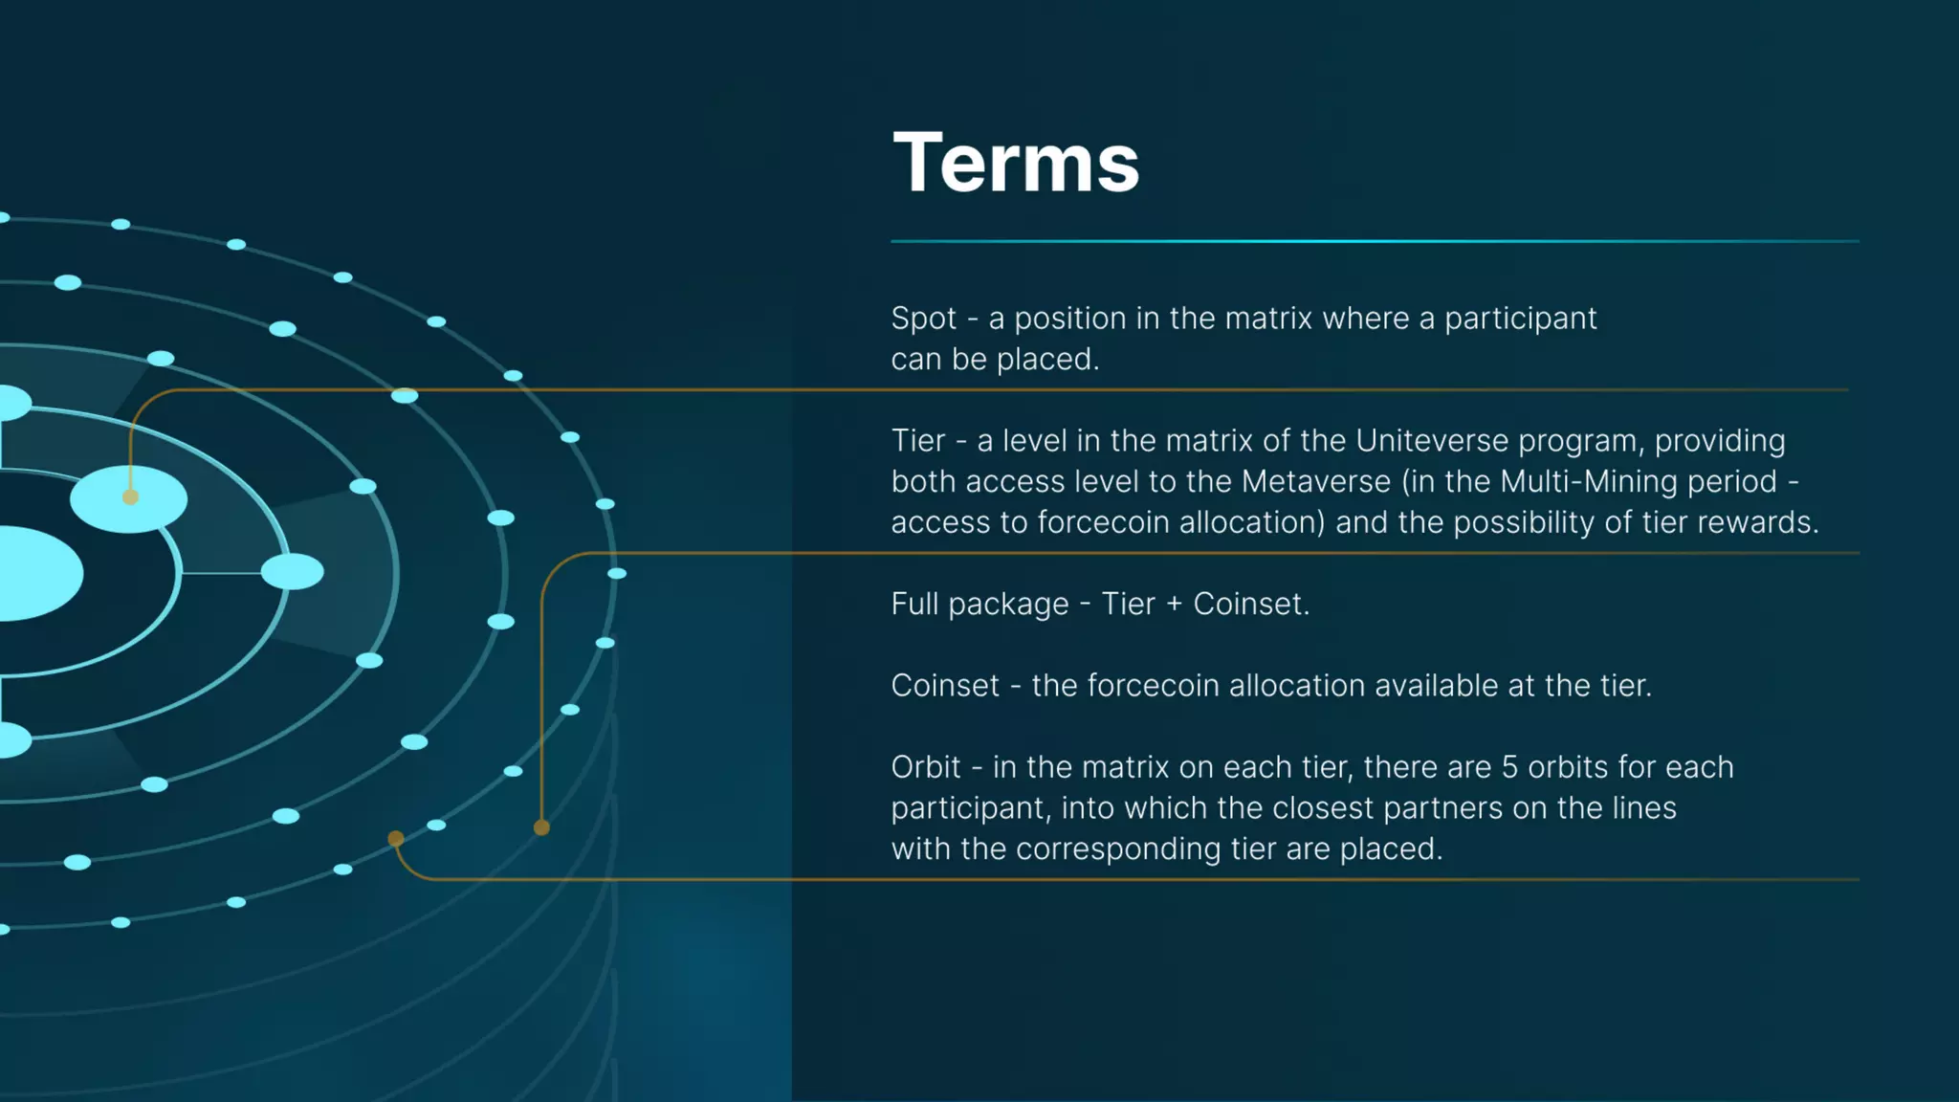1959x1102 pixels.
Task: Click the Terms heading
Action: coord(1015,163)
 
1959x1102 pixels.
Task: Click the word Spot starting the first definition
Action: coord(923,319)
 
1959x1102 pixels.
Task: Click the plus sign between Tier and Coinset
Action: coord(1174,605)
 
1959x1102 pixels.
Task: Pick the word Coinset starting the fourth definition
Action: coord(944,686)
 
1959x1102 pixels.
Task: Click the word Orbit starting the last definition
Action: coord(925,767)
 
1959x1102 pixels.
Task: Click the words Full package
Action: coord(979,605)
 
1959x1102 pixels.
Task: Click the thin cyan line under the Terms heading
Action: coord(1374,241)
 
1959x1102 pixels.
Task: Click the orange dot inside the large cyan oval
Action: coord(130,496)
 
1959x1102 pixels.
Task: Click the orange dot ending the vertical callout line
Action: coord(541,827)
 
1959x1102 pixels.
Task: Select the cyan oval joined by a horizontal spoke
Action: coord(292,572)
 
